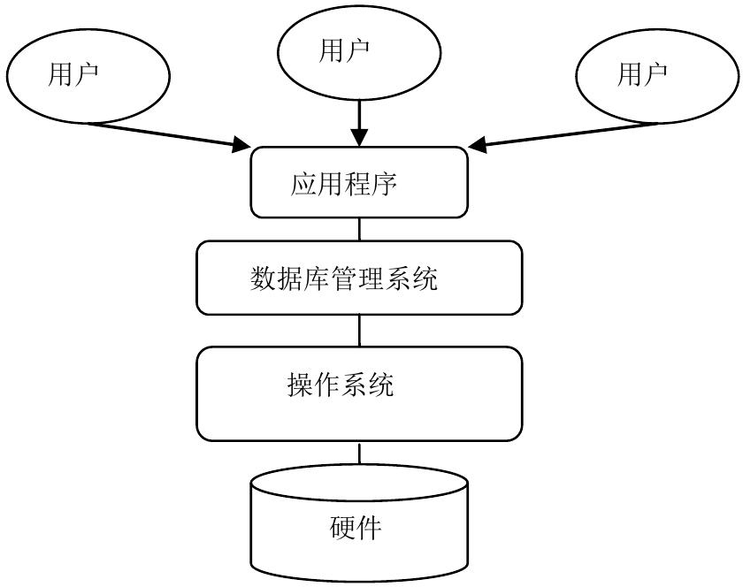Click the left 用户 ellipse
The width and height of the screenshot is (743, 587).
(88, 77)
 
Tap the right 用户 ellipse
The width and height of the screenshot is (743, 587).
(659, 77)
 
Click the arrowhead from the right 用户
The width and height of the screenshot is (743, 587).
(478, 144)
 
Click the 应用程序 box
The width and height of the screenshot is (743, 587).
(358, 183)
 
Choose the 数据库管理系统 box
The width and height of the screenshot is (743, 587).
(358, 278)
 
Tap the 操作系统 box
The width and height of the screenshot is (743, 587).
(358, 393)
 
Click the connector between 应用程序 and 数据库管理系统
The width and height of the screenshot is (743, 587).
(358, 229)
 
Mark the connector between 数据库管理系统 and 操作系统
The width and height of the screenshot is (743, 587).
(358, 331)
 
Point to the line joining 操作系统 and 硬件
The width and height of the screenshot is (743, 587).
(358, 454)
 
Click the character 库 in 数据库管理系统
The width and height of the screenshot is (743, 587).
(317, 279)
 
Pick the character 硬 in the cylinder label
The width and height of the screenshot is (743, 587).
(343, 529)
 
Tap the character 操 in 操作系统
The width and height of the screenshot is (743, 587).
(301, 385)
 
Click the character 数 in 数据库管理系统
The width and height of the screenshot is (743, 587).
(264, 279)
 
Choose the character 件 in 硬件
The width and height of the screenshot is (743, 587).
(371, 529)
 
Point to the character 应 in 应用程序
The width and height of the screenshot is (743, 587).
(303, 184)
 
